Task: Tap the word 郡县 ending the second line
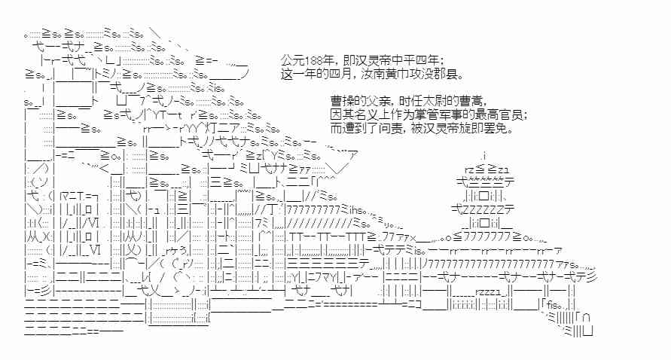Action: click(x=444, y=75)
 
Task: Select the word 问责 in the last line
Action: click(x=393, y=127)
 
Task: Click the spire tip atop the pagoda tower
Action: click(x=484, y=156)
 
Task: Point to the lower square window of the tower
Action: click(x=485, y=221)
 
